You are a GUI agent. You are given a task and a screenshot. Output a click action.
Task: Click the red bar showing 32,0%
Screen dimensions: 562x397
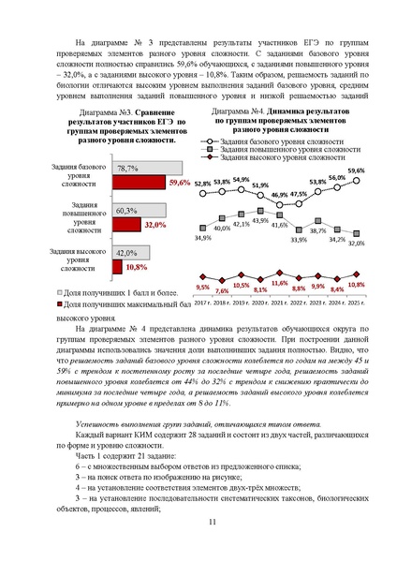point(127,226)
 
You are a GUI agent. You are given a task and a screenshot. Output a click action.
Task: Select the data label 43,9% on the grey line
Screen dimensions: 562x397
point(260,220)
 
